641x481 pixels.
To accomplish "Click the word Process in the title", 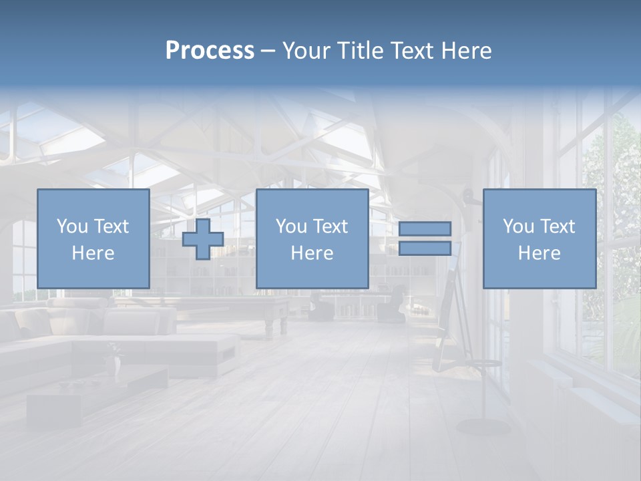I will [210, 51].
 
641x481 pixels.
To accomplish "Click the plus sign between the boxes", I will [203, 239].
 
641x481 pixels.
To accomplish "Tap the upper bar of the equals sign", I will [425, 228].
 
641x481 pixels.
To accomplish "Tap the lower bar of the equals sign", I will [425, 249].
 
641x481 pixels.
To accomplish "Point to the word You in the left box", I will [72, 226].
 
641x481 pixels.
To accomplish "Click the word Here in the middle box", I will [312, 253].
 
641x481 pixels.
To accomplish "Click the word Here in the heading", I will [467, 51].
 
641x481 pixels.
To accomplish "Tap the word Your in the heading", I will [304, 51].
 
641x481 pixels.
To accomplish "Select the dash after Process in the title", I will [268, 51].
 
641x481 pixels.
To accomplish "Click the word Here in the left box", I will [93, 253].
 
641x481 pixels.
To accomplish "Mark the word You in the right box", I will [518, 226].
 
